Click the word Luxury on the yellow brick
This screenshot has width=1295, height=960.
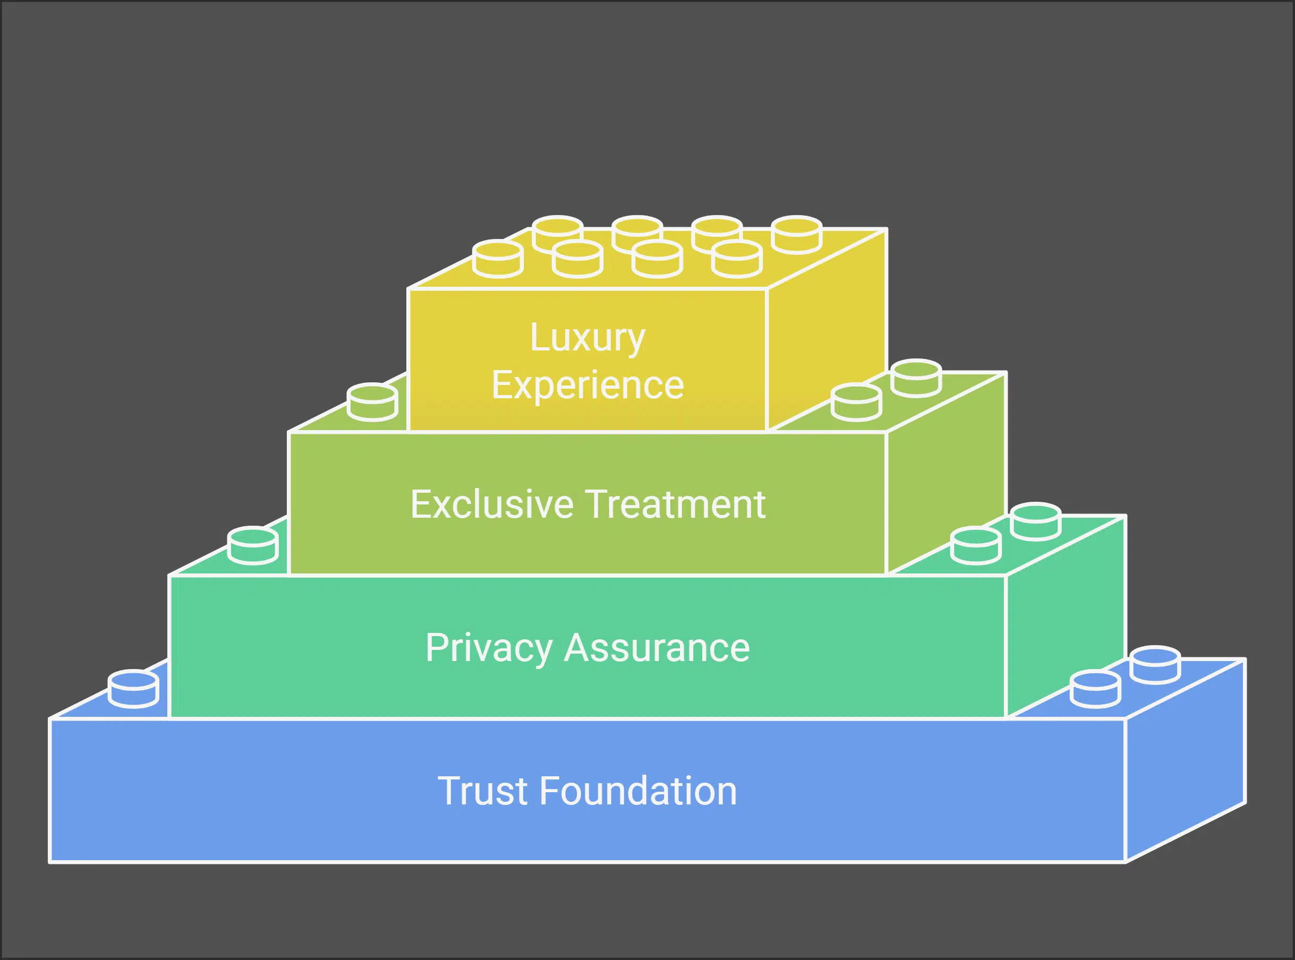tap(587, 338)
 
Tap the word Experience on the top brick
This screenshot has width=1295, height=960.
tap(587, 385)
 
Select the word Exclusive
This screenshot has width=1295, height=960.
tap(492, 504)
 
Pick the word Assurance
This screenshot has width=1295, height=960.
tap(657, 648)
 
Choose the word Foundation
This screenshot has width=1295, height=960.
tap(638, 792)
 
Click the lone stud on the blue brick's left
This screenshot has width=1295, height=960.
tap(133, 689)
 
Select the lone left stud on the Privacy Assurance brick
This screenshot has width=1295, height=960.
tap(253, 545)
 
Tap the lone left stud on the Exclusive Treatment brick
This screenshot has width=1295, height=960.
tap(372, 401)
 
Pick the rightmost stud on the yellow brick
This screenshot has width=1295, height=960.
tap(796, 235)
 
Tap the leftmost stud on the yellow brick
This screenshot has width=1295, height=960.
tap(498, 259)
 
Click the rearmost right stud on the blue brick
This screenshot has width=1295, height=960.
tap(1155, 665)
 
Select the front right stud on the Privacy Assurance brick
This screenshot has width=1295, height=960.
tap(976, 545)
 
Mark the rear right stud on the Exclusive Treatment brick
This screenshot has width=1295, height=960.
tap(916, 378)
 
